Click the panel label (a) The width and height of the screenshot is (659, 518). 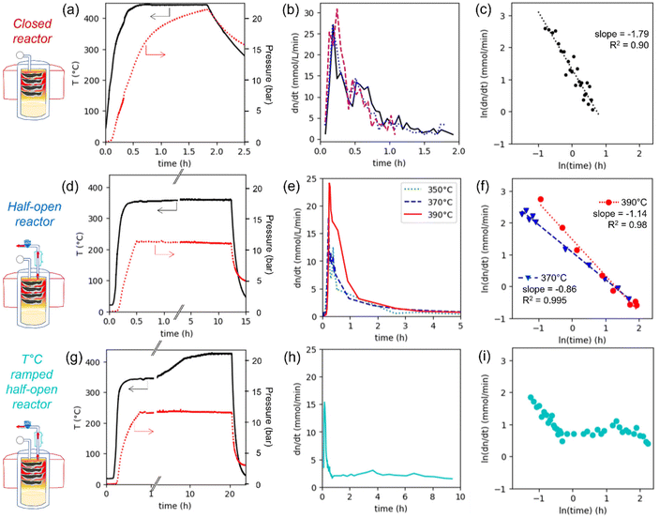70,10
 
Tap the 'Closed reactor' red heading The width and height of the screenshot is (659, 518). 33,31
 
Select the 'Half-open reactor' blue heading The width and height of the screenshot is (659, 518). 34,214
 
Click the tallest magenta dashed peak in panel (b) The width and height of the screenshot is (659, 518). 337,9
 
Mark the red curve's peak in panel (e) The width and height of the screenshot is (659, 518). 330,184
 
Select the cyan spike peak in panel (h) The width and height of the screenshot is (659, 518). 324,403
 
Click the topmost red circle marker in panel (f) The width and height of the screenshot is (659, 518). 541,199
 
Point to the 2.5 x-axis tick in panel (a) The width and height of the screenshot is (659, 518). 244,151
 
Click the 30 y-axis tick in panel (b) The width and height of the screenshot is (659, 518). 309,13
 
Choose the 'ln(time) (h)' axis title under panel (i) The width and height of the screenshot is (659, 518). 582,510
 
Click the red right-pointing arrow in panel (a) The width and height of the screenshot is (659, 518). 155,52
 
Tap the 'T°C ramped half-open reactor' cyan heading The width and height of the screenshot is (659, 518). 32,382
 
